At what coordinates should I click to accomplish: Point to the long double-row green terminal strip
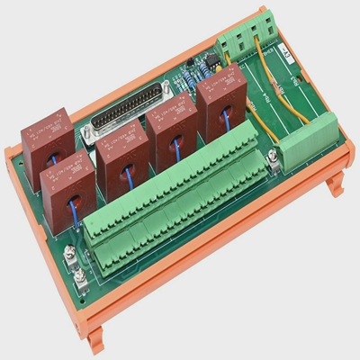point(175,211)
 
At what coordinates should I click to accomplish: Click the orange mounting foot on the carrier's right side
point(335,184)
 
